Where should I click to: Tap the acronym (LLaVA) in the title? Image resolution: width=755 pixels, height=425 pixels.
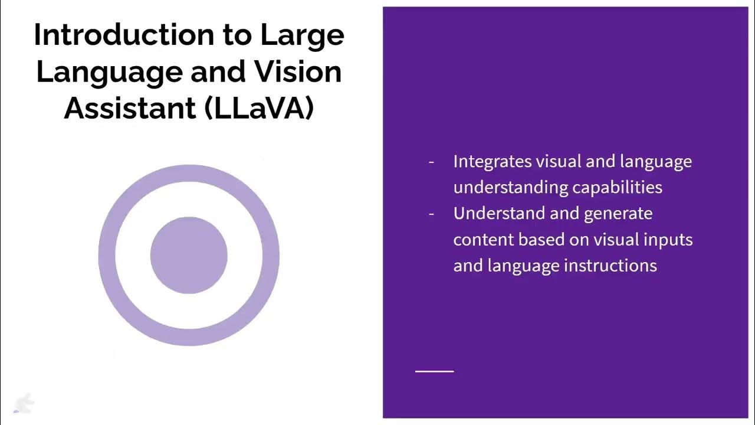click(x=260, y=108)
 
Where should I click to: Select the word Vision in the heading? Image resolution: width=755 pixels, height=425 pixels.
click(x=297, y=71)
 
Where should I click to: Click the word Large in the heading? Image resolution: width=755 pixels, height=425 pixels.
click(x=302, y=35)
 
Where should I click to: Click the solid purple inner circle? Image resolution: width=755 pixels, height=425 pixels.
click(x=189, y=255)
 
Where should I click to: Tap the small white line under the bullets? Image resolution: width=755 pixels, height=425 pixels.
click(x=435, y=371)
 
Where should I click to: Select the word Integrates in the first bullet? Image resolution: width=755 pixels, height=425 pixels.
click(x=492, y=161)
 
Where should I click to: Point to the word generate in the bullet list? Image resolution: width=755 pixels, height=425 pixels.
click(x=618, y=214)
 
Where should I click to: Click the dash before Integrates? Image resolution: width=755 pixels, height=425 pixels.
click(x=432, y=162)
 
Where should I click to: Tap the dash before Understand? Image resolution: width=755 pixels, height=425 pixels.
click(x=432, y=214)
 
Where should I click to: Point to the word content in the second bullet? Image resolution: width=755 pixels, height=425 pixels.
click(x=483, y=240)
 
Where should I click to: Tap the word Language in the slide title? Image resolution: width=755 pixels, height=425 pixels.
click(x=110, y=71)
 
